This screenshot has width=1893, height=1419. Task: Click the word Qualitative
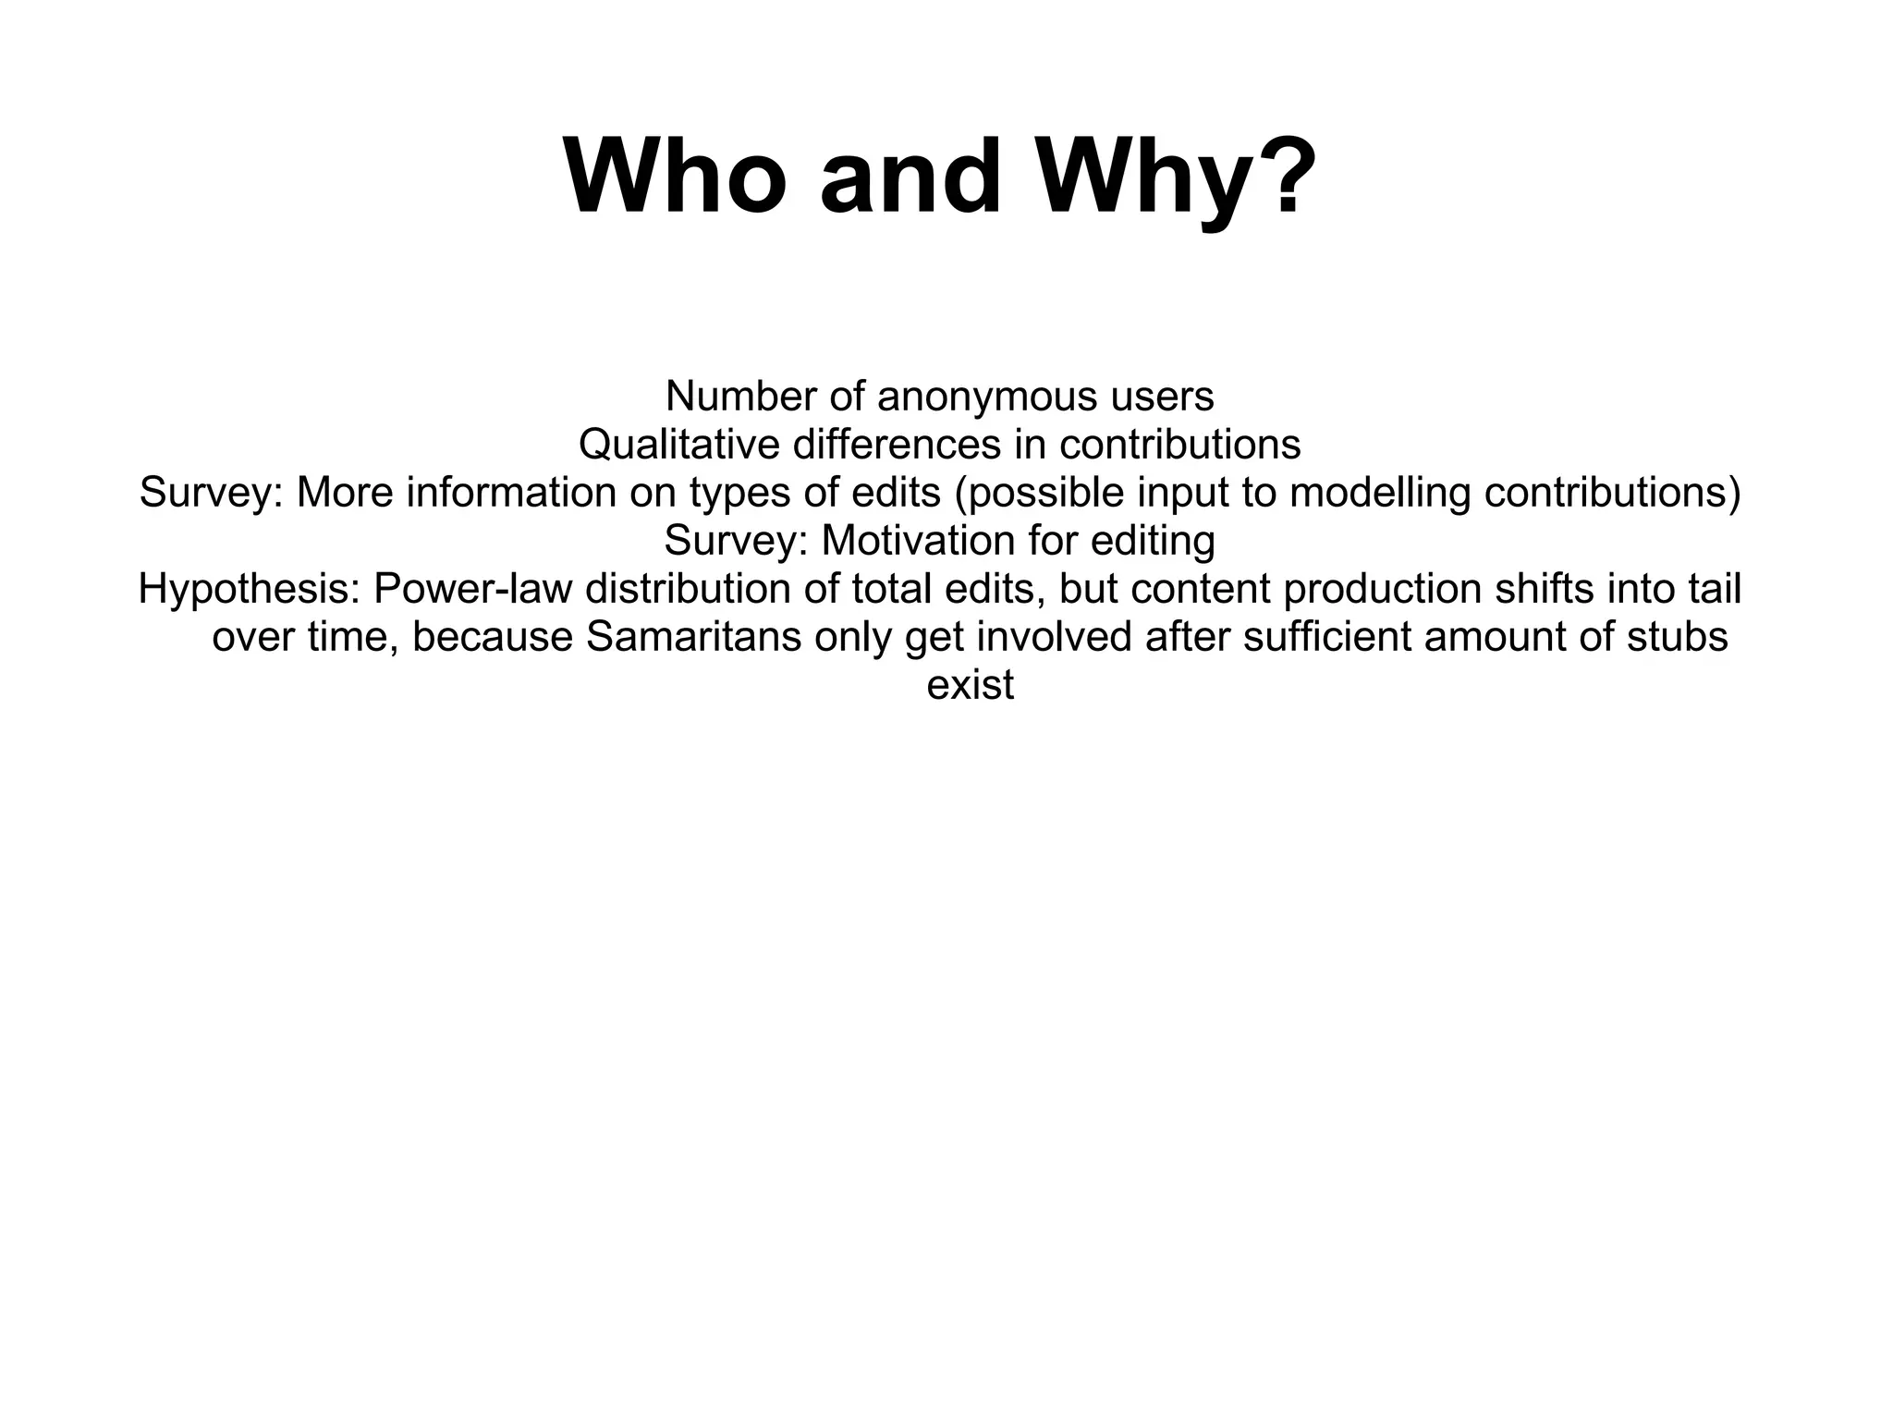tap(679, 446)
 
